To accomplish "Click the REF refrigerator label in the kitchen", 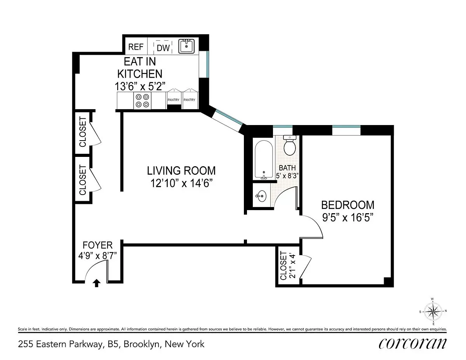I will [136, 47].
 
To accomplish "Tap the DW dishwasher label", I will [163, 48].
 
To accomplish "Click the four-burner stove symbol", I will [141, 101].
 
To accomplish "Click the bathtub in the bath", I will [264, 159].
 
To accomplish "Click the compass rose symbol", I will [433, 311].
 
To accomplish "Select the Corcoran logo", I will [412, 344].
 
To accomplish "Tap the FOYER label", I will [97, 245].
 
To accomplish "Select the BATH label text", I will [287, 168].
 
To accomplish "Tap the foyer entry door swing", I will [96, 270].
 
